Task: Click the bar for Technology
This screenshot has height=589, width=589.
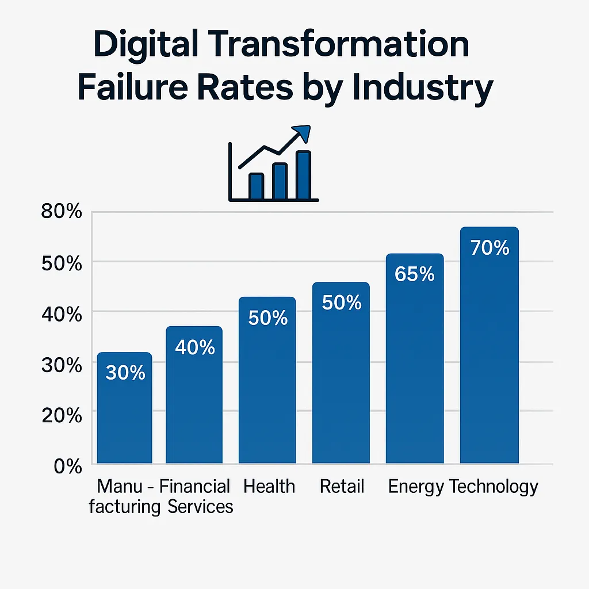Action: (x=489, y=345)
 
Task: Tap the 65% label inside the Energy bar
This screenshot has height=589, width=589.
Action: (x=415, y=274)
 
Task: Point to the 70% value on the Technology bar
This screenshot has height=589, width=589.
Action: (x=489, y=248)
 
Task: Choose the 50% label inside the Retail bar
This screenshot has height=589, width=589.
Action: (x=342, y=303)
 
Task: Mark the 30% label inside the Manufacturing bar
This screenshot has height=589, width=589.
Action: (x=125, y=373)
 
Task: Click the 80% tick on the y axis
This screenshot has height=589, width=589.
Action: (x=62, y=212)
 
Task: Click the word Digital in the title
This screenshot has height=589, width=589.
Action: (x=151, y=46)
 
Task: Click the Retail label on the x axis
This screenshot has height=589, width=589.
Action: (x=342, y=487)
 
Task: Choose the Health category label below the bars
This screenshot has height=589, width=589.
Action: (x=269, y=487)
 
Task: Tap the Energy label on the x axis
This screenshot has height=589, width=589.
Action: (x=415, y=487)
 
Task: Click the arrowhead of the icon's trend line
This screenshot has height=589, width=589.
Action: (x=302, y=132)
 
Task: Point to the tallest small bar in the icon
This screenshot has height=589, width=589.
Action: (x=303, y=174)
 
